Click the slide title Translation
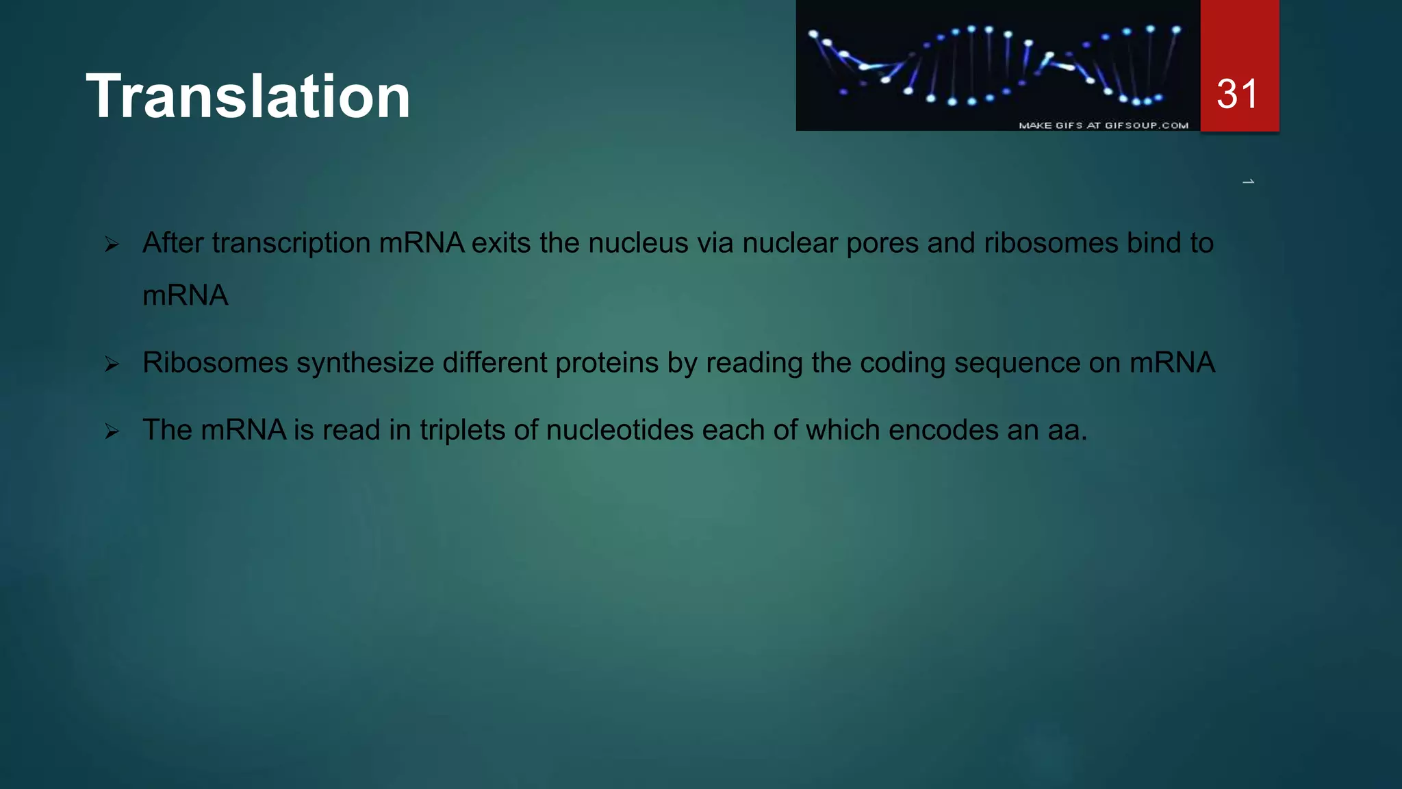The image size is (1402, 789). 248,97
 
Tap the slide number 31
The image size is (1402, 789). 1238,94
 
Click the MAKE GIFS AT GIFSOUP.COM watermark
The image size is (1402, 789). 1103,125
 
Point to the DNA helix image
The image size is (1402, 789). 997,65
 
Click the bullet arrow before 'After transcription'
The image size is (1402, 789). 112,245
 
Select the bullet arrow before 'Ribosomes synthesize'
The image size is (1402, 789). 112,364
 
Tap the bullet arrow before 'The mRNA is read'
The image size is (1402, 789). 112,431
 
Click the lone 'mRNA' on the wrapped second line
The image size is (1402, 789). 185,296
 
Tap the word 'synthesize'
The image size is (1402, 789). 365,363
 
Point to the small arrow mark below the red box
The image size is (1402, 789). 1248,181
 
